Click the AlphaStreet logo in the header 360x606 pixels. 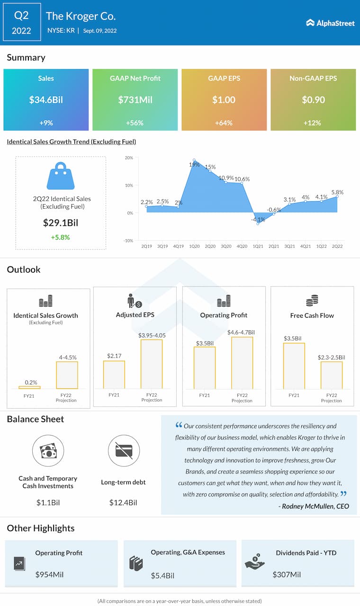pyautogui.click(x=330, y=23)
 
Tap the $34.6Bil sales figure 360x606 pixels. pyautogui.click(x=46, y=100)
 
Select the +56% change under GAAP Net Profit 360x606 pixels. pyautogui.click(x=135, y=123)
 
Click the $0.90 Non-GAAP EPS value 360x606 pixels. pyautogui.click(x=313, y=100)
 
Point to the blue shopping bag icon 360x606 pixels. pyautogui.click(x=61, y=176)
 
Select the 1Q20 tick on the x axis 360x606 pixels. pyautogui.click(x=194, y=246)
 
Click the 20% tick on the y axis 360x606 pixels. pyautogui.click(x=129, y=158)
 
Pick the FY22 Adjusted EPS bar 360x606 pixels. pyautogui.click(x=152, y=364)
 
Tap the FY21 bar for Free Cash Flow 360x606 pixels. pyautogui.click(x=294, y=366)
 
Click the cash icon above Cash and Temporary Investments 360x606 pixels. pyautogui.click(x=48, y=451)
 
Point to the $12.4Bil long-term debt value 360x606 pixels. pyautogui.click(x=123, y=502)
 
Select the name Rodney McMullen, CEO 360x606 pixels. pyautogui.click(x=315, y=506)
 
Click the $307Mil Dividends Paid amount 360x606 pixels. pyautogui.click(x=287, y=574)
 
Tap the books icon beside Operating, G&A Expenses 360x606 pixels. pyautogui.click(x=136, y=563)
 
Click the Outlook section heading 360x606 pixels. pyautogui.click(x=24, y=269)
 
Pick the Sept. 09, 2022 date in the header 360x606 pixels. pyautogui.click(x=100, y=31)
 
